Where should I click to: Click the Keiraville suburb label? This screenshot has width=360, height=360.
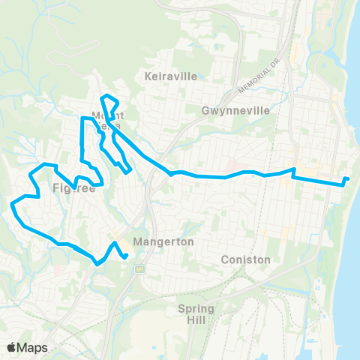pos(166,76)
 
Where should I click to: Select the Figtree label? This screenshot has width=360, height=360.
pos(74,189)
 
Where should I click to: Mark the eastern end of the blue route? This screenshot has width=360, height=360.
pos(348,178)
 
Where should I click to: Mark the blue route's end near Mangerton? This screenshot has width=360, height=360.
pos(126,256)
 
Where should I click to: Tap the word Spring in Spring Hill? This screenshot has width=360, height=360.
pos(196,309)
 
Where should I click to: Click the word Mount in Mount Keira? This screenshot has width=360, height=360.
pos(107,115)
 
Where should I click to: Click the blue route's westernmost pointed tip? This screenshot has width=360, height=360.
pos(11,203)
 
